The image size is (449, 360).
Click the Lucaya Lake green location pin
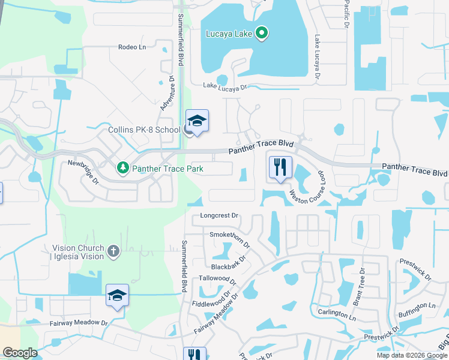(261, 33)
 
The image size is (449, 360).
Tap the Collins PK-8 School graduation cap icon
(197, 121)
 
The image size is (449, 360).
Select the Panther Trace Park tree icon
(123, 169)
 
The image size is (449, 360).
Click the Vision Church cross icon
(113, 250)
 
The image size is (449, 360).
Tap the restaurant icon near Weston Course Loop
(280, 167)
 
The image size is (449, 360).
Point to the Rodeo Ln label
(132, 47)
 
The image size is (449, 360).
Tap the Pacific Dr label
(346, 13)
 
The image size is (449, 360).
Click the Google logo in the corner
(20, 353)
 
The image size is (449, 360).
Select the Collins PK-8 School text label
(144, 130)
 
